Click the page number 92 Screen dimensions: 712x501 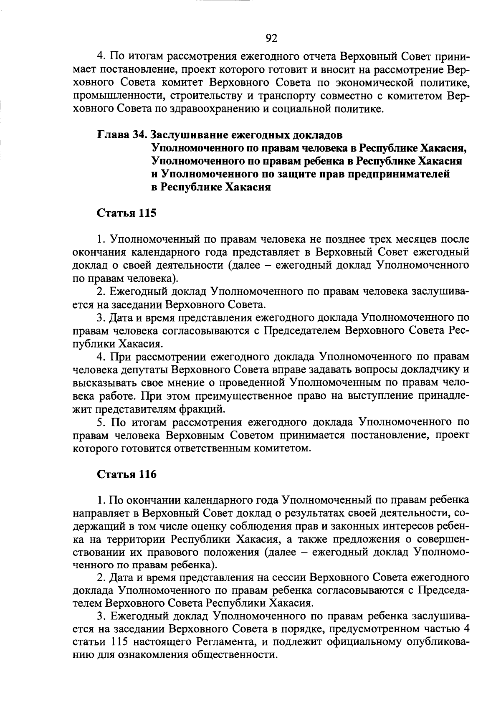coord(271,38)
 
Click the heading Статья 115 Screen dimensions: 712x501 coord(127,213)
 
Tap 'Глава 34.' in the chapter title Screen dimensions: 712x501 coord(122,135)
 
